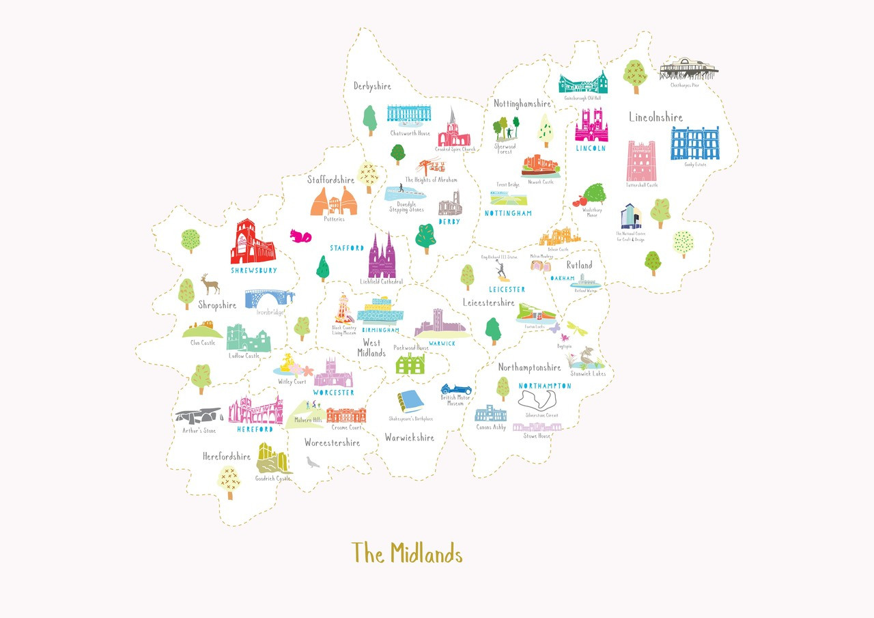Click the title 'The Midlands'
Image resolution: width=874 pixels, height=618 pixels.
(407, 553)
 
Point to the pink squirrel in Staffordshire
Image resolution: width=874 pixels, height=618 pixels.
(300, 236)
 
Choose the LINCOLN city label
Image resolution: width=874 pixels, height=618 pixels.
(591, 148)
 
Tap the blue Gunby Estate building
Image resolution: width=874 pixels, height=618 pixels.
(694, 143)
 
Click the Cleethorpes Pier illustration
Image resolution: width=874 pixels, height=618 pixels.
(688, 69)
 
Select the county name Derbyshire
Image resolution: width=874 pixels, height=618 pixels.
(372, 86)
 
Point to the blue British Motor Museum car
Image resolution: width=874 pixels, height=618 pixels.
(452, 389)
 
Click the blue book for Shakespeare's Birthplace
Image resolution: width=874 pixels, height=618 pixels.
(412, 402)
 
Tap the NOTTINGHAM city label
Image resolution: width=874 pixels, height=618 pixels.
(507, 214)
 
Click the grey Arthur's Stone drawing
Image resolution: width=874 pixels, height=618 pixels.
(198, 416)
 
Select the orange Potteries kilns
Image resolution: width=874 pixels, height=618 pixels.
(335, 201)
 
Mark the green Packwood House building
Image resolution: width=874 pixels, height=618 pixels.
(411, 363)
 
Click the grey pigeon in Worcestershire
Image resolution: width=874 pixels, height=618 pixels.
(313, 462)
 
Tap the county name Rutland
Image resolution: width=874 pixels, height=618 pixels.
(579, 265)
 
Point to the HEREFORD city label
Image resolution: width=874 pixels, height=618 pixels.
(255, 430)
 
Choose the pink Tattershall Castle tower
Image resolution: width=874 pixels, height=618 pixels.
(641, 161)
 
